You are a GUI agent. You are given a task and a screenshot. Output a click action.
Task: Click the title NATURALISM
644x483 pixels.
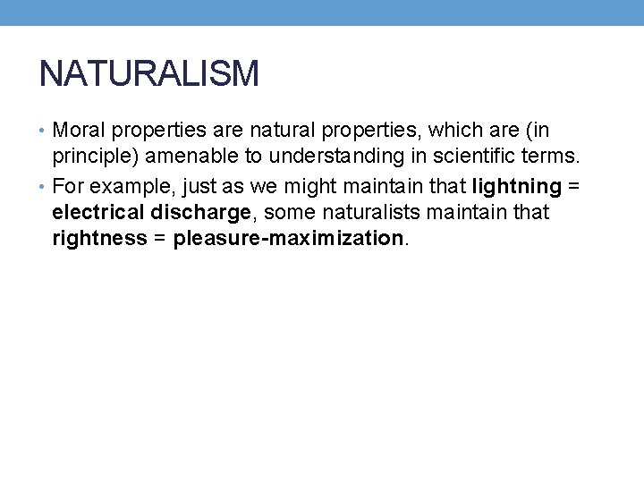149,72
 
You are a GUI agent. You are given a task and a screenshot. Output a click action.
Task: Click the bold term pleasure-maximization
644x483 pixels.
288,239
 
